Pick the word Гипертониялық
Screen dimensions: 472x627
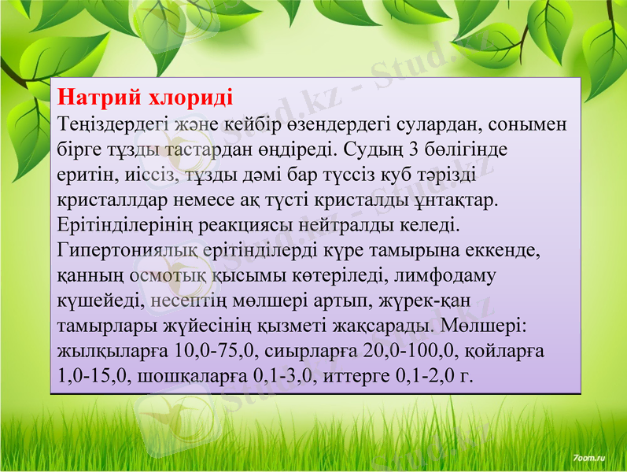(127, 249)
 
